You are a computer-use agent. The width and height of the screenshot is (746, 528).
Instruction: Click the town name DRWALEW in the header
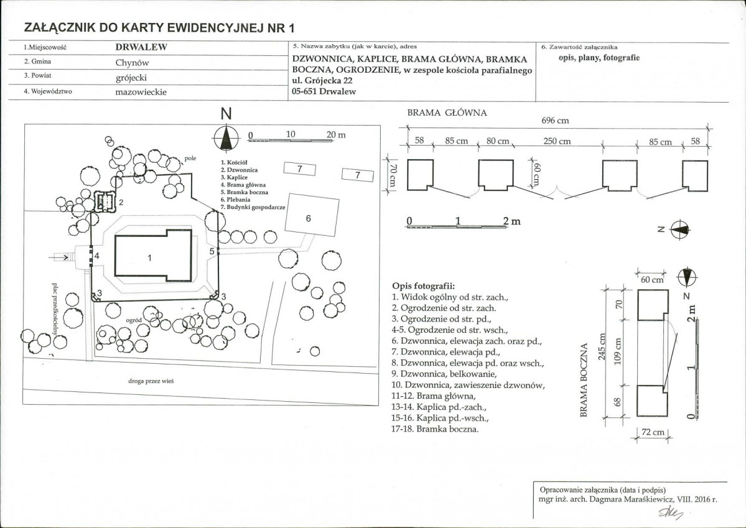coord(141,47)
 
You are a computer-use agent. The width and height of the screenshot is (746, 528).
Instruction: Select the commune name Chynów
coord(133,63)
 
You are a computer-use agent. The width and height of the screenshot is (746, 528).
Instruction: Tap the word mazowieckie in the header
coord(141,92)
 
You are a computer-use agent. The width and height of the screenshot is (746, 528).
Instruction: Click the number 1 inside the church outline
coord(149,258)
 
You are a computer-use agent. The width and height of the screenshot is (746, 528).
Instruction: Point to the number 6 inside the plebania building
coord(309,218)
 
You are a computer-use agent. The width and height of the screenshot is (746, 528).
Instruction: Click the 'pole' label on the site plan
coord(190,159)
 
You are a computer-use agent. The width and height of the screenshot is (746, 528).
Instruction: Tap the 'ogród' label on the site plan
coord(134,321)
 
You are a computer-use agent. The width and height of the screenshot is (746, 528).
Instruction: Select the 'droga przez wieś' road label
coord(151,381)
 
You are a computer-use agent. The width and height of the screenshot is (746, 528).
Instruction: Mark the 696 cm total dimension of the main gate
coord(555,121)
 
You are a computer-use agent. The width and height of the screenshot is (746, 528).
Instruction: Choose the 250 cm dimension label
coord(557,142)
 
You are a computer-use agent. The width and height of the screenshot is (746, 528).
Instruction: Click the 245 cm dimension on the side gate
coord(602,346)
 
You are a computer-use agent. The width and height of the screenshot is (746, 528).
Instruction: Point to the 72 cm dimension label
coord(653,432)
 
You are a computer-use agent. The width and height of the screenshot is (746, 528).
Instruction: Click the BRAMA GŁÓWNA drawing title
coord(447,113)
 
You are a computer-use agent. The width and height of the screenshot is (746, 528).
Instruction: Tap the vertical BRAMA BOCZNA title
coord(585,381)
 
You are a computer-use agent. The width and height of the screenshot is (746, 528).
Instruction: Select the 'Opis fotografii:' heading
coord(424,286)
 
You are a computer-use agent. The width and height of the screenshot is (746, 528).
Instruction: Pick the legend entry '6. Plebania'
coord(236,200)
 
